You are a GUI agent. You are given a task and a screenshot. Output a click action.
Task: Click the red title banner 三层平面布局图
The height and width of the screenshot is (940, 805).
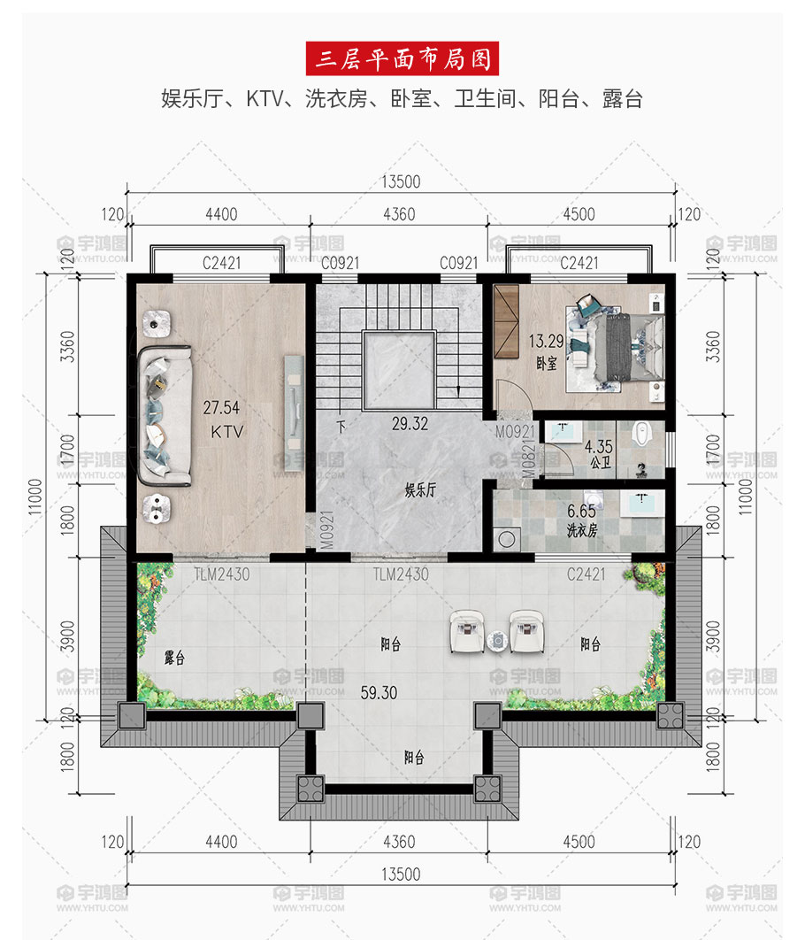[402, 58]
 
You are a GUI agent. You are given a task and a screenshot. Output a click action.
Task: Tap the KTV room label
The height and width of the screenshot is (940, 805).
[227, 432]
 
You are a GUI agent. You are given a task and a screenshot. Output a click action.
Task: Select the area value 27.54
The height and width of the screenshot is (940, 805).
[221, 408]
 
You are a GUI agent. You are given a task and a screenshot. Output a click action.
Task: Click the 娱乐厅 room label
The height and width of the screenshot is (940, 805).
[420, 489]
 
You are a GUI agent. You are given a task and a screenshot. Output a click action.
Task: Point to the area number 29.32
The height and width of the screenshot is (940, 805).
[410, 424]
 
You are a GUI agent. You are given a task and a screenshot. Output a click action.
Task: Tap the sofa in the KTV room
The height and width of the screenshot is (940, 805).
[165, 415]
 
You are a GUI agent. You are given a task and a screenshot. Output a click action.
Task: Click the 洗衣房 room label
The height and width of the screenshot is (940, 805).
[581, 530]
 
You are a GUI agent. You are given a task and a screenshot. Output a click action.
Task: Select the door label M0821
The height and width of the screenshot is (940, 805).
[528, 458]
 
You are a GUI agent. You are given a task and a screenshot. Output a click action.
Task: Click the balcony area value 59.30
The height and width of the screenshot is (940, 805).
[379, 693]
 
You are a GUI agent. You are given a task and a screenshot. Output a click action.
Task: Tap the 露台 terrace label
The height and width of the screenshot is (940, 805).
[174, 658]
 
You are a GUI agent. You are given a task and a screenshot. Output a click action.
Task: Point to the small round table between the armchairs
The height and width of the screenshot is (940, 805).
[497, 641]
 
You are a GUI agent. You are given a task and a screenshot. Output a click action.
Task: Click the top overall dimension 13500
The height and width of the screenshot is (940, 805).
[401, 181]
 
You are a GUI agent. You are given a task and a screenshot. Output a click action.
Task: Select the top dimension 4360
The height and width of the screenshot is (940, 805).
[399, 214]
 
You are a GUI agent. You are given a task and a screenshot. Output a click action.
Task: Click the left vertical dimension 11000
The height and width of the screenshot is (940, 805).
[35, 497]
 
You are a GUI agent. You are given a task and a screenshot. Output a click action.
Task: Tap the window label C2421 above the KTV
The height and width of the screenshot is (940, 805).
[222, 263]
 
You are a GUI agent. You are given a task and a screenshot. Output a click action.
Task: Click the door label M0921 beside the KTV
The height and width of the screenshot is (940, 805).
[326, 530]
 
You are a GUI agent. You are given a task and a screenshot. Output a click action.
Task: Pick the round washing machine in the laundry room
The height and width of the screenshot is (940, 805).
[507, 539]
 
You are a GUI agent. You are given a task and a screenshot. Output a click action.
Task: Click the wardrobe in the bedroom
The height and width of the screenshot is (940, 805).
[505, 321]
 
